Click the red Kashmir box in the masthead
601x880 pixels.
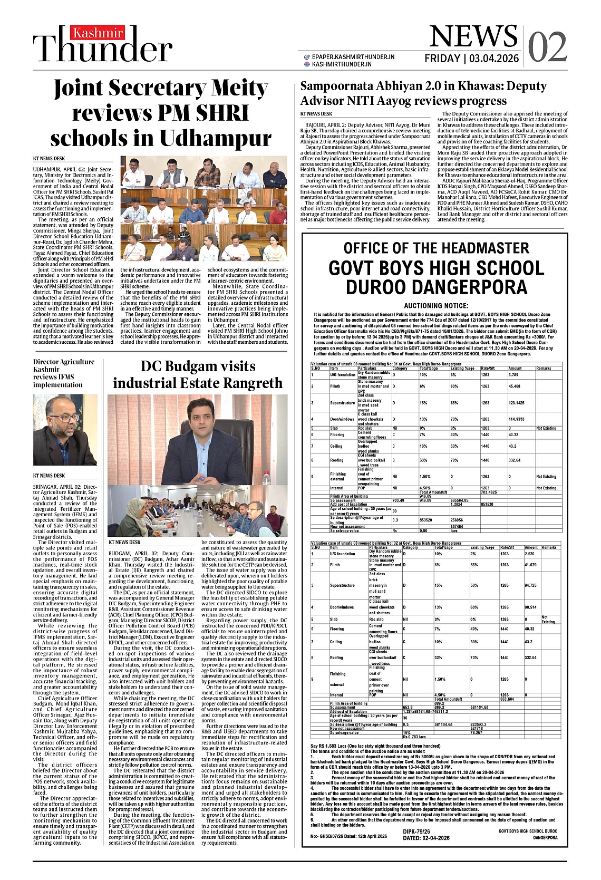pyautogui.click(x=98, y=34)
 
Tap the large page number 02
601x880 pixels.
pyautogui.click(x=547, y=47)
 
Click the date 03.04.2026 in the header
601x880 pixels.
pyautogui.click(x=493, y=59)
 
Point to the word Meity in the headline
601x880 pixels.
pyautogui.click(x=237, y=88)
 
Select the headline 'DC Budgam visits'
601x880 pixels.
pyautogui.click(x=198, y=366)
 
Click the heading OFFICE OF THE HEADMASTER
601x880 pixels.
pyautogui.click(x=436, y=248)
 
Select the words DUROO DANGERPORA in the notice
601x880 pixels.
pyautogui.click(x=436, y=287)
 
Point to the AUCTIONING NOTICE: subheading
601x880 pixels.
pyautogui.click(x=436, y=306)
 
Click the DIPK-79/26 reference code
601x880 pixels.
pyautogui.click(x=417, y=831)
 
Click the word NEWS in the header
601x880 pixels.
pyautogui.click(x=473, y=36)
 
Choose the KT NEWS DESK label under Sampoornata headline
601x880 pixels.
pyautogui.click(x=316, y=114)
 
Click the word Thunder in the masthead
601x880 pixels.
pyautogui.click(x=103, y=50)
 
